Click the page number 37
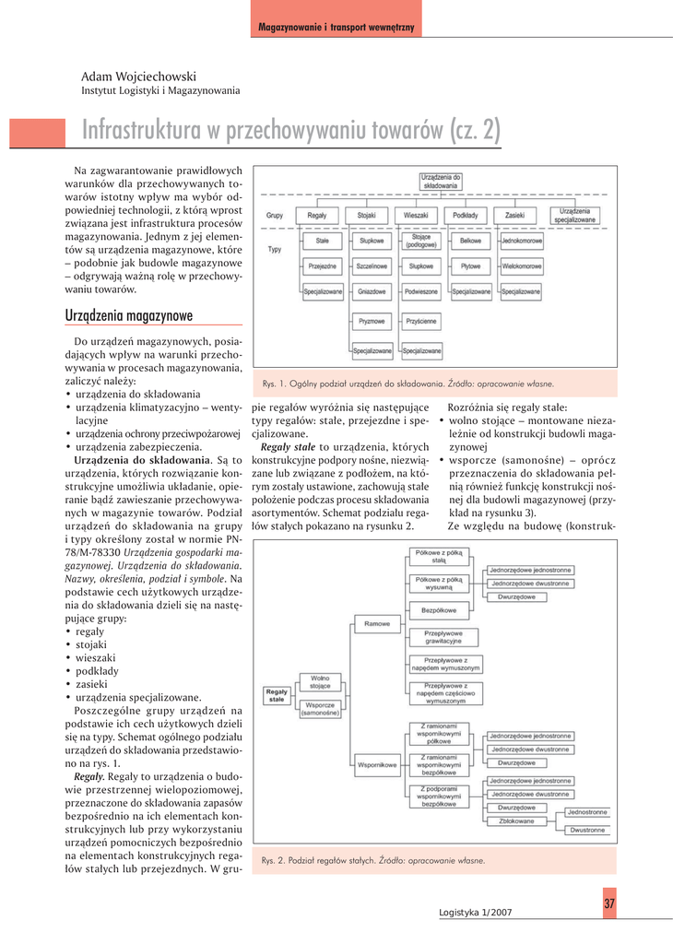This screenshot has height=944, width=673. click(x=609, y=903)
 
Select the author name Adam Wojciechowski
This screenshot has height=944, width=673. click(x=138, y=77)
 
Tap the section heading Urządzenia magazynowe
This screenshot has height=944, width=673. click(x=128, y=316)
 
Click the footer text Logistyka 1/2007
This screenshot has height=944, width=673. click(x=475, y=912)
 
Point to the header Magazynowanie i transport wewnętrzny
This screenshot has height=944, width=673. click(x=336, y=28)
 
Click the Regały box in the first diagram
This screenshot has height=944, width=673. click(x=316, y=215)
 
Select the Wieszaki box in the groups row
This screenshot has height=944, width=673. click(x=417, y=215)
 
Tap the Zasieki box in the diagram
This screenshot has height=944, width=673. click(x=514, y=215)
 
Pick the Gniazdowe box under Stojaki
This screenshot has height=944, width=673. click(x=372, y=291)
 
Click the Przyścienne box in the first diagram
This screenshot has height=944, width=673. click(x=420, y=321)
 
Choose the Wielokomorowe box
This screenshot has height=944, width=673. click(x=521, y=265)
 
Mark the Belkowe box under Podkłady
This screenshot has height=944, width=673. click(x=470, y=240)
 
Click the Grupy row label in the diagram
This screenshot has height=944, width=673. click(x=274, y=215)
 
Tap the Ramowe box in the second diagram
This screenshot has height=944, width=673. click(x=377, y=624)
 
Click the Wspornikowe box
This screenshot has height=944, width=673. click(x=377, y=764)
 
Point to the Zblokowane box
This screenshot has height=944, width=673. click(x=514, y=820)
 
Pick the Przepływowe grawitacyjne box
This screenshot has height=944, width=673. click(x=443, y=637)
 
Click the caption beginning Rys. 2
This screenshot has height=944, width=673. click(x=373, y=860)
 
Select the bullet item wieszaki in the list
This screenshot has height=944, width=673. click(x=96, y=658)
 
